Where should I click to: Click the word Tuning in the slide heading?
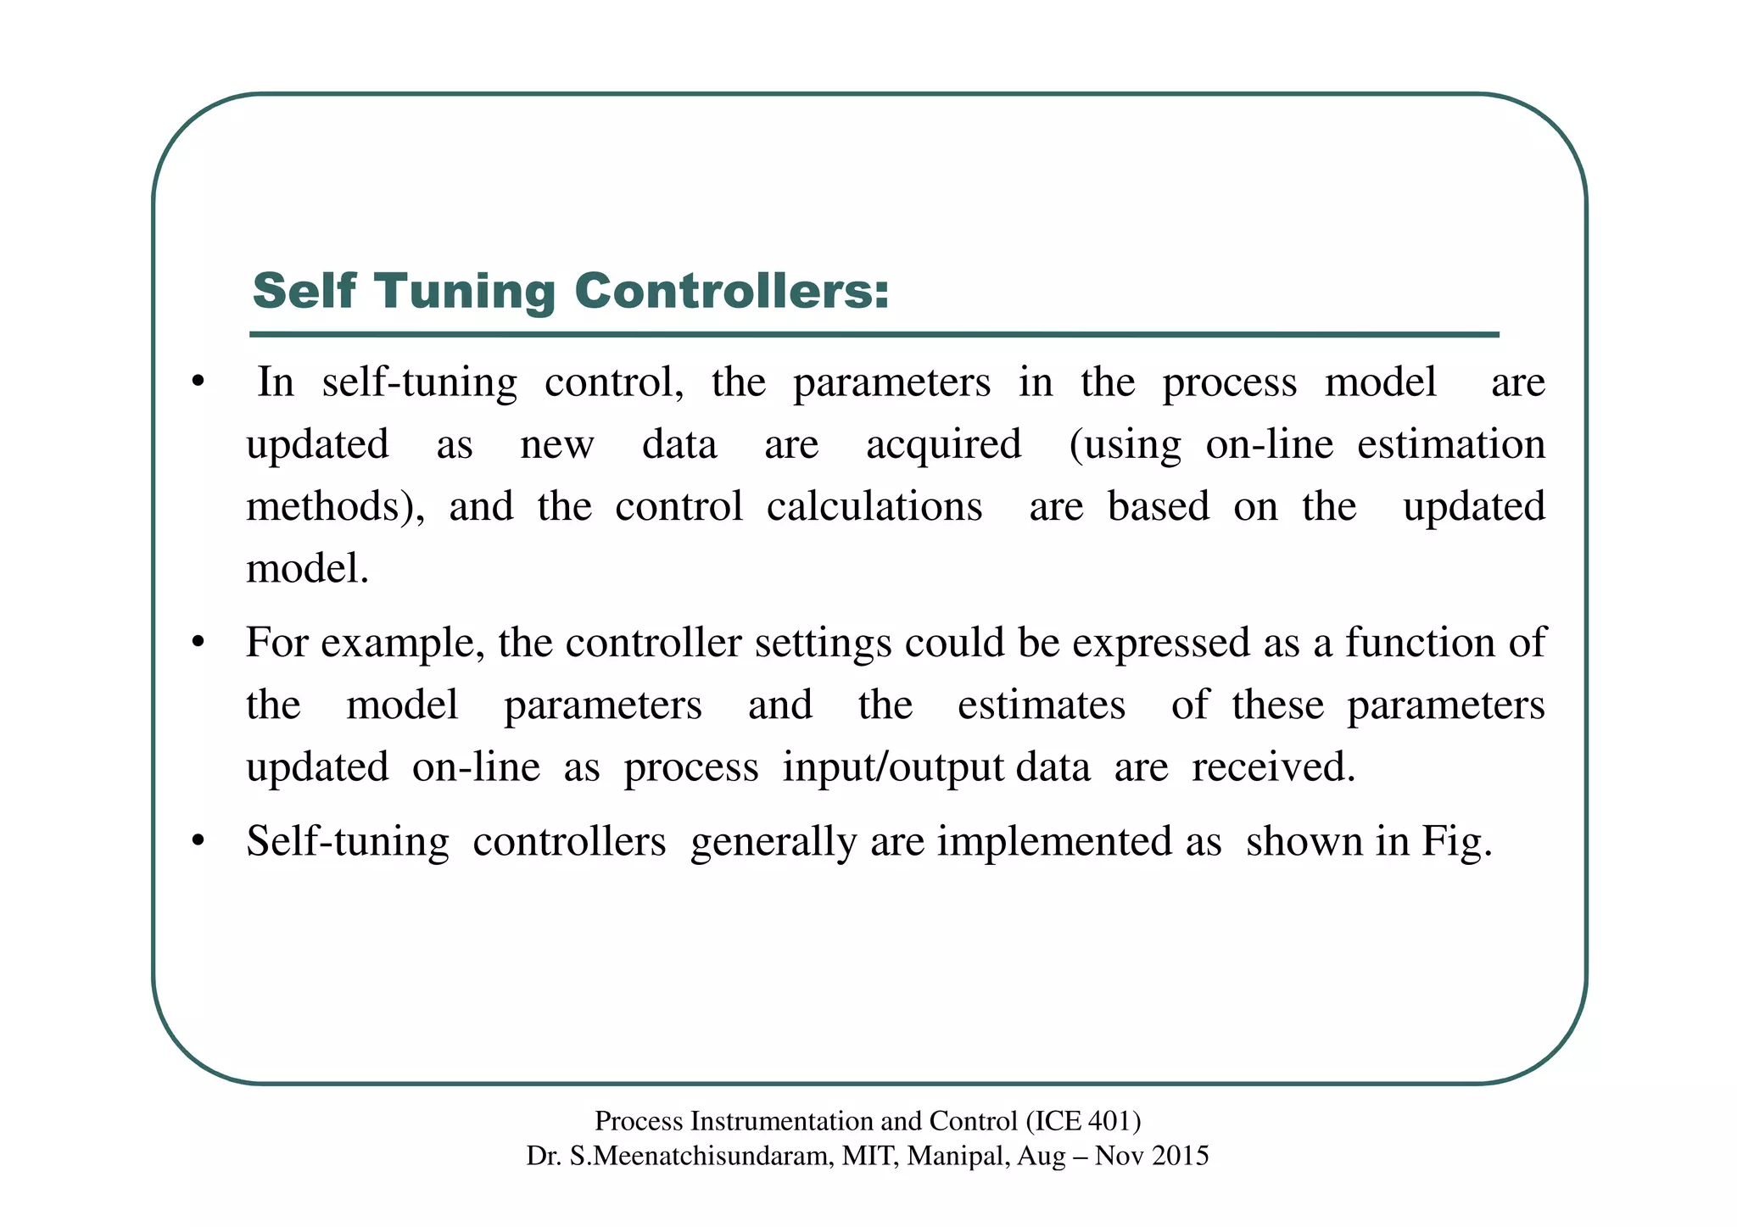click(465, 291)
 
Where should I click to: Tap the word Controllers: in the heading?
click(732, 291)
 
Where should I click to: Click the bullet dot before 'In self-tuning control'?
click(198, 382)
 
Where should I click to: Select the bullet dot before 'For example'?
click(198, 643)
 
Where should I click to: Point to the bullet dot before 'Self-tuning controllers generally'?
click(198, 842)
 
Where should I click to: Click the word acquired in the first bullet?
click(943, 444)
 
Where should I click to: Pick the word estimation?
click(1450, 444)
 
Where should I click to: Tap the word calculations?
click(874, 506)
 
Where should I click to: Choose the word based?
click(1158, 506)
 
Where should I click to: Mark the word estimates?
click(1041, 705)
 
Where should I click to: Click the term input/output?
click(893, 767)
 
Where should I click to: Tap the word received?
click(1273, 767)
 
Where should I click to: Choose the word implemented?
click(1079, 842)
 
